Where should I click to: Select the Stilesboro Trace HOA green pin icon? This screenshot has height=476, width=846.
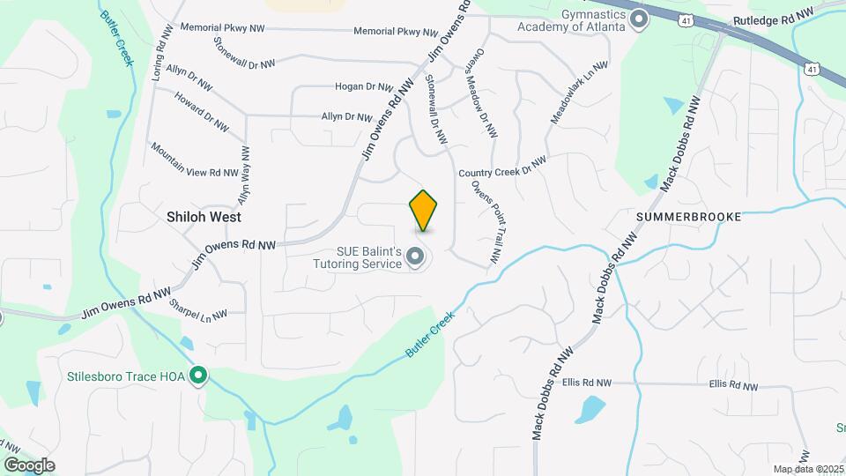[x=199, y=377]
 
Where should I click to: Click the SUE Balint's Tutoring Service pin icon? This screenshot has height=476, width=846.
[x=416, y=257]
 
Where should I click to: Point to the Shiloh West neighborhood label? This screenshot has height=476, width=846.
[x=204, y=216]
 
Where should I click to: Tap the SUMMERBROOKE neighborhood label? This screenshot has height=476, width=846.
[x=689, y=216]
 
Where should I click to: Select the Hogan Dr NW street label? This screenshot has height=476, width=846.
[x=362, y=86]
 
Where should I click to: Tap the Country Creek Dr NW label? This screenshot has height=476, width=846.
[x=502, y=167]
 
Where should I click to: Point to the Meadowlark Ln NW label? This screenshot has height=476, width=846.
[x=579, y=92]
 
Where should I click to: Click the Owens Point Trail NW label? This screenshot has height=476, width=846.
[x=486, y=223]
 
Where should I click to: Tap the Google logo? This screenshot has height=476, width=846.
[x=29, y=465]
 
